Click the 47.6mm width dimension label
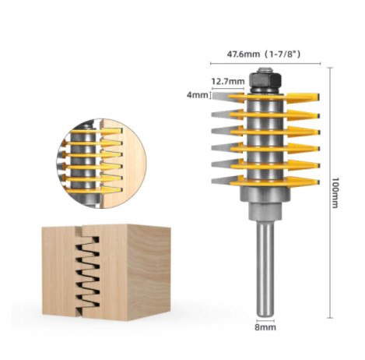tap(243, 55)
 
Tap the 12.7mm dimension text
tap(228, 81)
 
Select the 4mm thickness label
tap(198, 95)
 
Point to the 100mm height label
tap(335, 192)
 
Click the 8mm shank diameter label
tap(265, 327)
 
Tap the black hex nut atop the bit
tap(265, 79)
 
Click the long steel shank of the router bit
tap(265, 269)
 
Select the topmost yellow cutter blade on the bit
tap(274, 97)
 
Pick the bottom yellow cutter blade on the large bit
tap(274, 182)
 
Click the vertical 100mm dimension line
tap(330, 192)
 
